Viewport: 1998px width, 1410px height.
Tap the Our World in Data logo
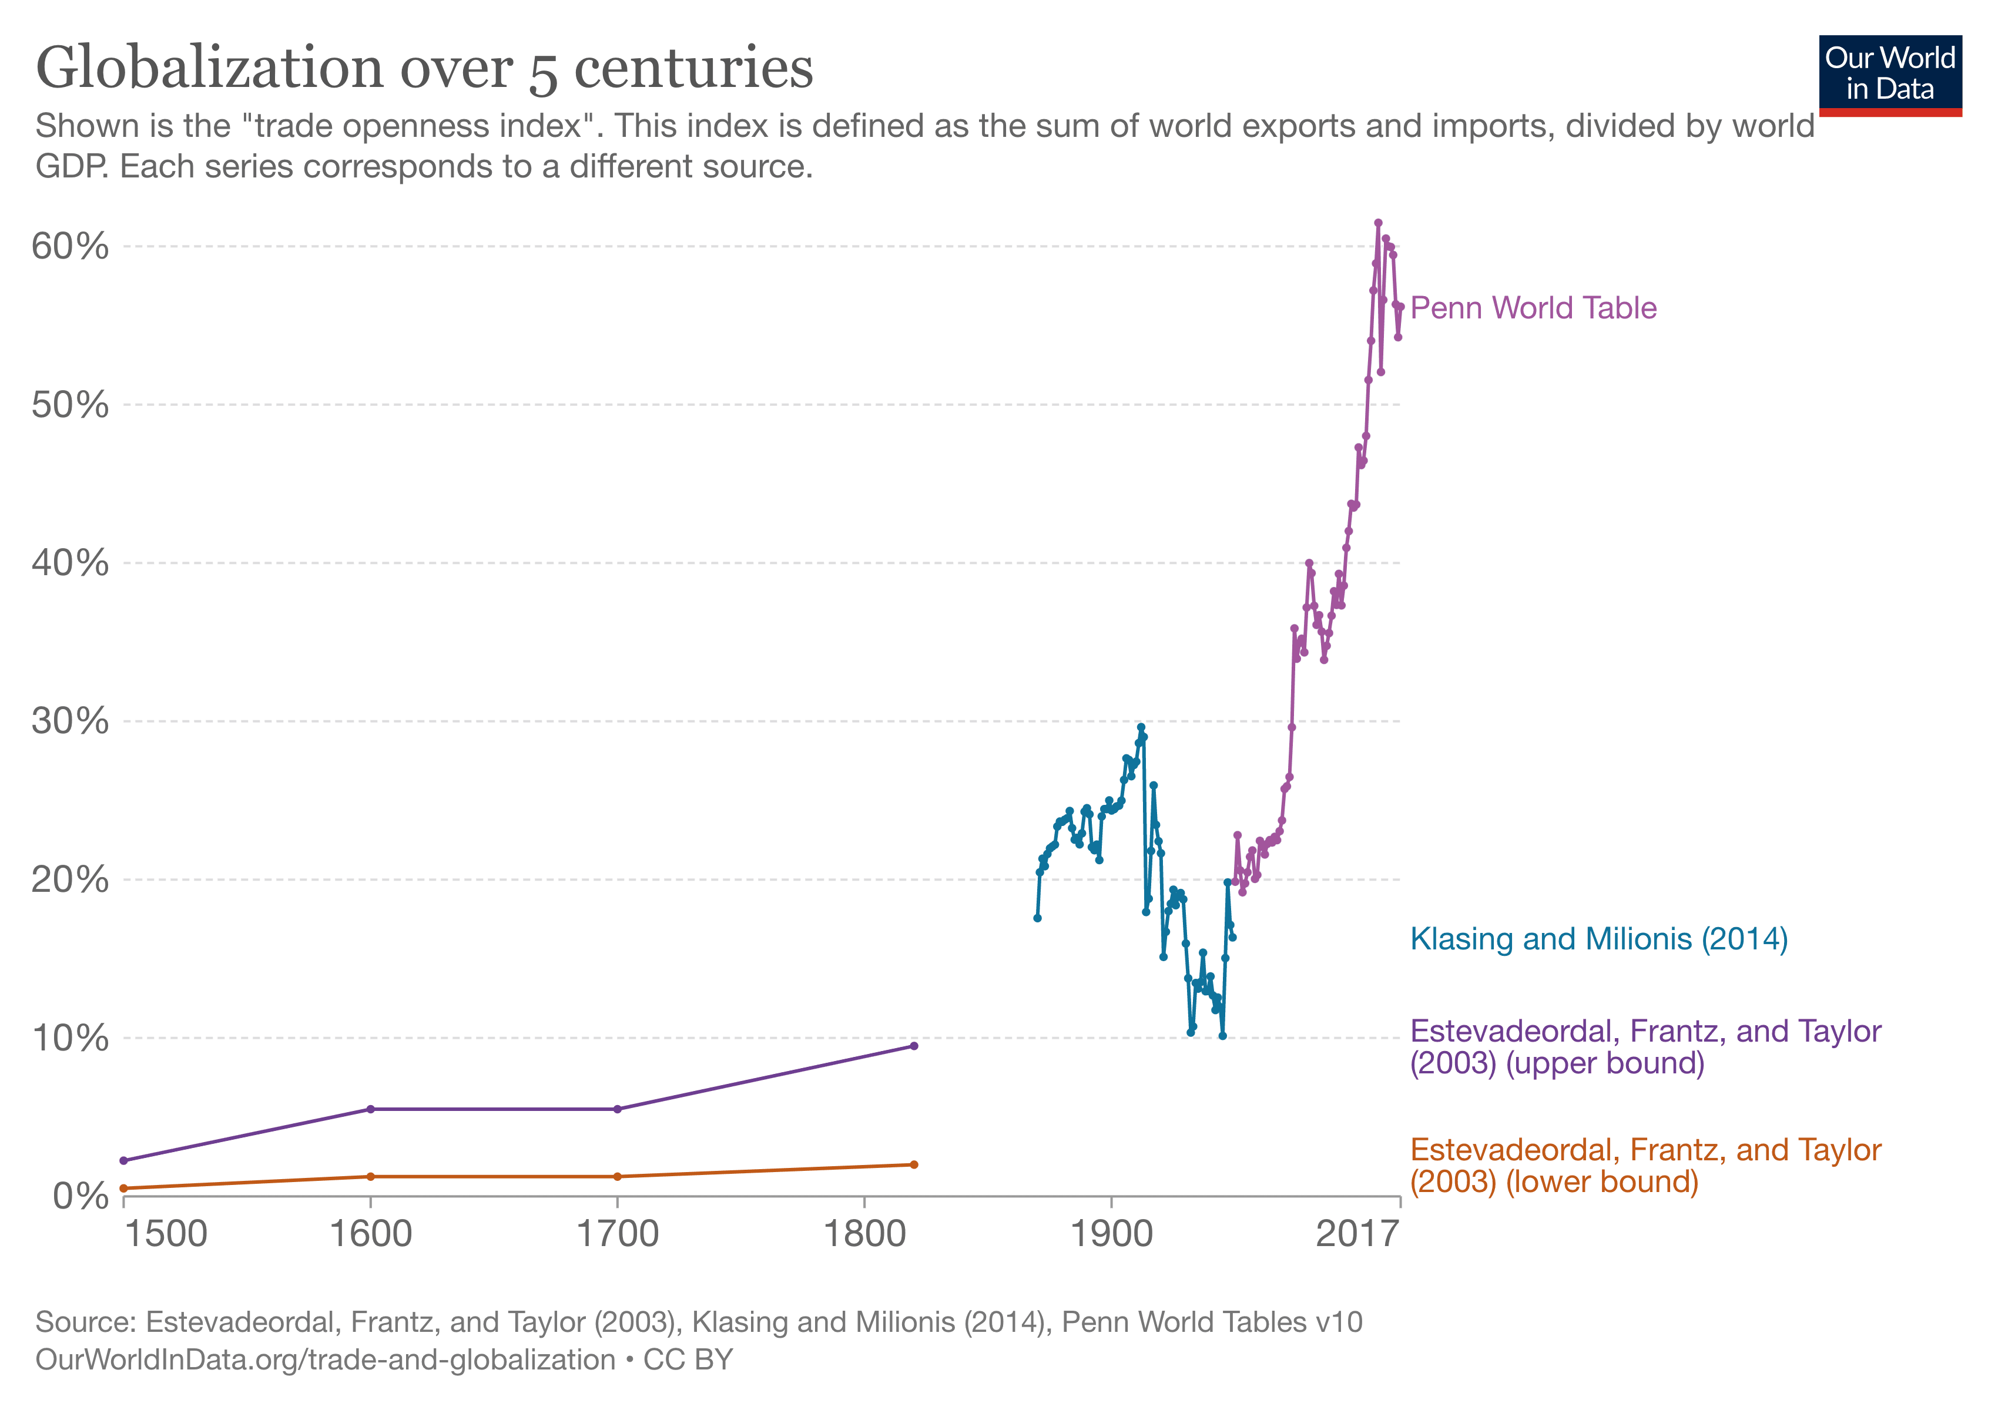coord(1889,75)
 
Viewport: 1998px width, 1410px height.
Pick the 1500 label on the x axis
coord(165,1233)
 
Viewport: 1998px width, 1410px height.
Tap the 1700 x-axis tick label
coord(618,1233)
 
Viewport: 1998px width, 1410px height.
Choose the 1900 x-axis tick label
coord(1111,1233)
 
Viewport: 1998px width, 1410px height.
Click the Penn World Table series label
coord(1533,308)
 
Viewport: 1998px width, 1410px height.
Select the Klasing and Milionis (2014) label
coord(1598,939)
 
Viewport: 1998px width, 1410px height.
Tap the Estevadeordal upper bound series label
coord(1645,1046)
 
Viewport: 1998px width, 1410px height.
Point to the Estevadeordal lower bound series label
coord(1645,1166)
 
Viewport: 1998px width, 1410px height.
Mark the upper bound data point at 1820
coord(914,1046)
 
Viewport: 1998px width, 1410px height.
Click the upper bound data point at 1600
coord(371,1109)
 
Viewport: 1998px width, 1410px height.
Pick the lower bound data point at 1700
coord(618,1177)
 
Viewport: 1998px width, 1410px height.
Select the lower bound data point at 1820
coord(914,1164)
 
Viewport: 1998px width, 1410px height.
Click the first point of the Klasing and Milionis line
coord(1037,918)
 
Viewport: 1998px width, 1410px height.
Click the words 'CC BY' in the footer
coord(688,1359)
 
